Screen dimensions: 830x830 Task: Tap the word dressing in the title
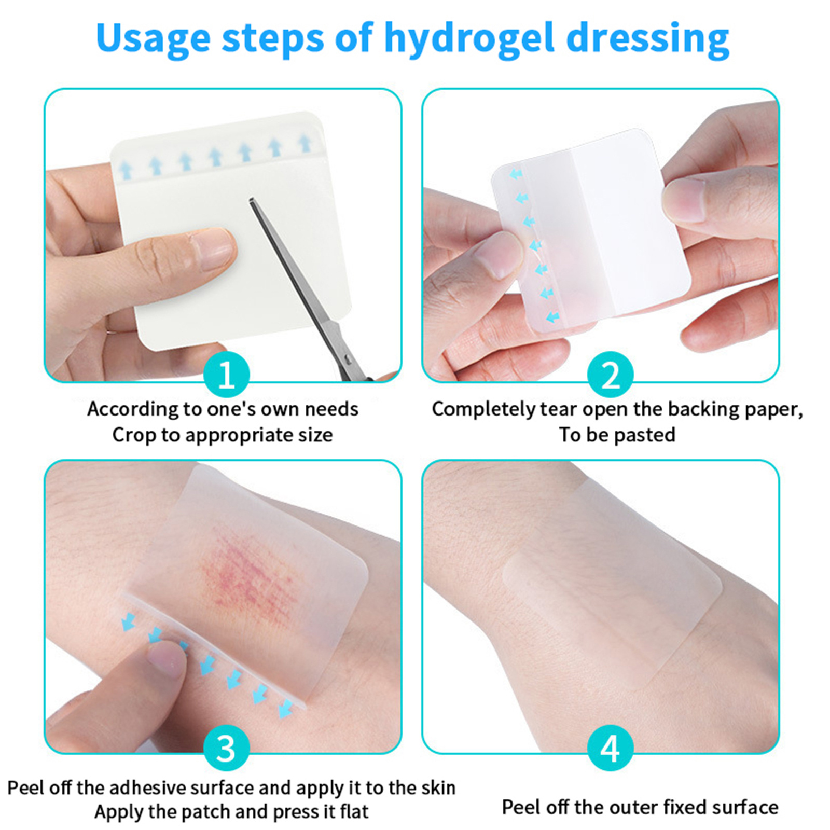coord(648,39)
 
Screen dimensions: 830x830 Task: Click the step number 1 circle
coord(227,375)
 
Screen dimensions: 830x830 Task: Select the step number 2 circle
coord(610,375)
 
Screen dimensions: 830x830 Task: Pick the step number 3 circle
coord(227,748)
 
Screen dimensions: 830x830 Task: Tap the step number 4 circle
coord(610,748)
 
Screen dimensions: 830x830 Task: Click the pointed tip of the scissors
coord(251,201)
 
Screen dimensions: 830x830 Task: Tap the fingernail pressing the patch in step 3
coord(166,657)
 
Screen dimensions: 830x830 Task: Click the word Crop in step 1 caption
coord(134,435)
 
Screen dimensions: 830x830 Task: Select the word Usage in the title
coord(154,39)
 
